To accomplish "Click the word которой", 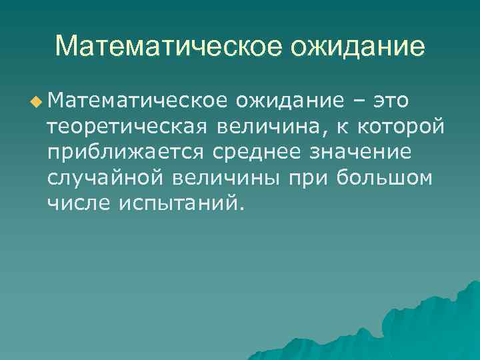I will pyautogui.click(x=405, y=126).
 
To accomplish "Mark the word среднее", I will pyautogui.click(x=257, y=152).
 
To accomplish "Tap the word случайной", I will pyautogui.click(x=107, y=178).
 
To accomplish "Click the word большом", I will pyautogui.click(x=385, y=178).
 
